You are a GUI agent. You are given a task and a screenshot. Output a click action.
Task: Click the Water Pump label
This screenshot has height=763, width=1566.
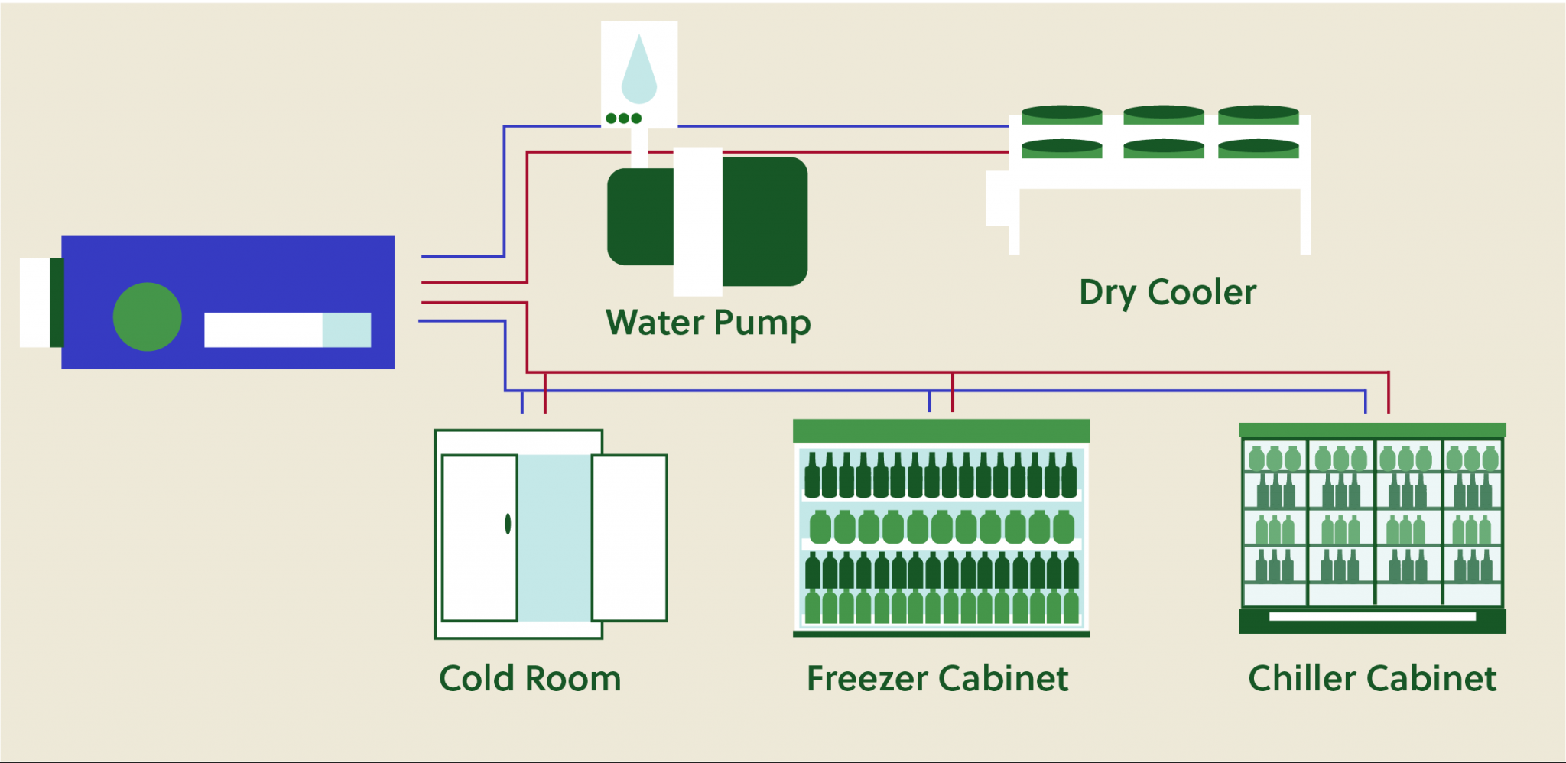(x=708, y=323)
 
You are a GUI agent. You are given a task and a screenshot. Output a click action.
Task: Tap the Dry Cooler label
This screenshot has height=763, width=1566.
(x=1168, y=293)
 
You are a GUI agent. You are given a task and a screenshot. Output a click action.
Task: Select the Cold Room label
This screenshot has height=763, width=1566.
(x=530, y=679)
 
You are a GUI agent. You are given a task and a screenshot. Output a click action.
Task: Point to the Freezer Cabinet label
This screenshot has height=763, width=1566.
(x=937, y=679)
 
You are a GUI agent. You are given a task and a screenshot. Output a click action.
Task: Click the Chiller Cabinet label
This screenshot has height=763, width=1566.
(x=1372, y=679)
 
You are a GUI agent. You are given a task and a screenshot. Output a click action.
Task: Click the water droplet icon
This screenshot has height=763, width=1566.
(x=639, y=71)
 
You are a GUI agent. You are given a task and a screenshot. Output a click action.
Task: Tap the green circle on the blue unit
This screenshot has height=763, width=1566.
(x=147, y=317)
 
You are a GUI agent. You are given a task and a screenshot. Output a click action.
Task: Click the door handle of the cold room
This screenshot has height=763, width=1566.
(x=508, y=524)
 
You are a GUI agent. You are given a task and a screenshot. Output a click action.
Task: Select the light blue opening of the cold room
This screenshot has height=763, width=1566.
(x=554, y=537)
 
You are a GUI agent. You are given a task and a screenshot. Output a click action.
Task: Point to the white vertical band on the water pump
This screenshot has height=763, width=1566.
(x=697, y=222)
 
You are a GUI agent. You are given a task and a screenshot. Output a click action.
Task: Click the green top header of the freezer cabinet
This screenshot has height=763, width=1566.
(x=941, y=430)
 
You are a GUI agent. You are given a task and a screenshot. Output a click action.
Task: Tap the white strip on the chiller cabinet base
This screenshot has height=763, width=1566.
(x=1373, y=616)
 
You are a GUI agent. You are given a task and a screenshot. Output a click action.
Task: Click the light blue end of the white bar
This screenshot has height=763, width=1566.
(x=346, y=330)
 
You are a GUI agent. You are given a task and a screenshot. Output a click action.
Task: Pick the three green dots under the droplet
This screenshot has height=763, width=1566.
(x=623, y=119)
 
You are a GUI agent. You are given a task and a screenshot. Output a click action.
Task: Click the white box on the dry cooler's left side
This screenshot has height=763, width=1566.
(x=997, y=198)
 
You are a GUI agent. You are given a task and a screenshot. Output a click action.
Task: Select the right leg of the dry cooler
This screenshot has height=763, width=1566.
(x=1305, y=222)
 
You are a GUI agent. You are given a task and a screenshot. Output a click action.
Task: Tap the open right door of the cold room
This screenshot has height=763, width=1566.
(x=629, y=537)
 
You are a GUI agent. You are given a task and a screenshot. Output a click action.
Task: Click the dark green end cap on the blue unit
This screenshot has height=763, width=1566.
(x=57, y=302)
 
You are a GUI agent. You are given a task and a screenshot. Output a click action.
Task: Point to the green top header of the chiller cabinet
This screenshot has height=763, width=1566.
(x=1372, y=430)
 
